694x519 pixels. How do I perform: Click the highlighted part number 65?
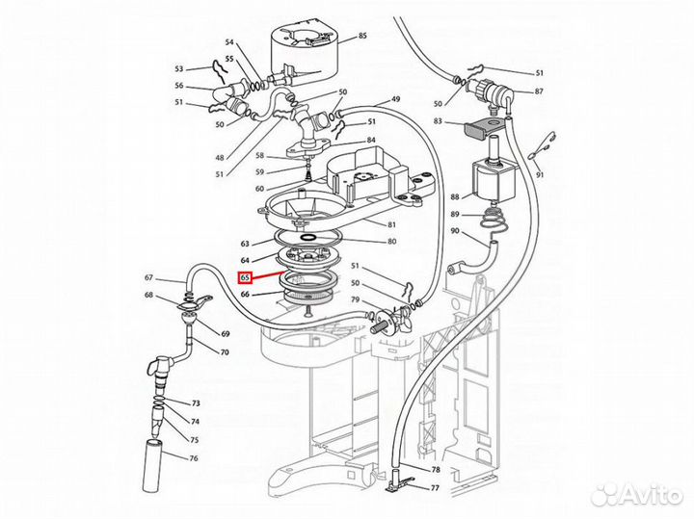pos(245,277)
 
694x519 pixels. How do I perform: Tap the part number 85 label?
pos(362,36)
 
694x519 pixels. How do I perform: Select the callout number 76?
pos(194,458)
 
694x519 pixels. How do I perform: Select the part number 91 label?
pos(540,174)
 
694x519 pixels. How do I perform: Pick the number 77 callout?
pos(435,488)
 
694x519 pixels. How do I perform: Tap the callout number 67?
pos(148,277)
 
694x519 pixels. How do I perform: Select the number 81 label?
pos(391,224)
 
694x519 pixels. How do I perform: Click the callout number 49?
pos(396,98)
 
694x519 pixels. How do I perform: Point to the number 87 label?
pos(539,91)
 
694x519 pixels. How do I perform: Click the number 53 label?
pos(179,69)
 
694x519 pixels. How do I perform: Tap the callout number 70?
pos(225,352)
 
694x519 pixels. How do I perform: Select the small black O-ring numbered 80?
pos(308,238)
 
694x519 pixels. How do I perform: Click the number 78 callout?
pos(436,470)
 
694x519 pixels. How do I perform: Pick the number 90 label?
pos(455,231)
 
